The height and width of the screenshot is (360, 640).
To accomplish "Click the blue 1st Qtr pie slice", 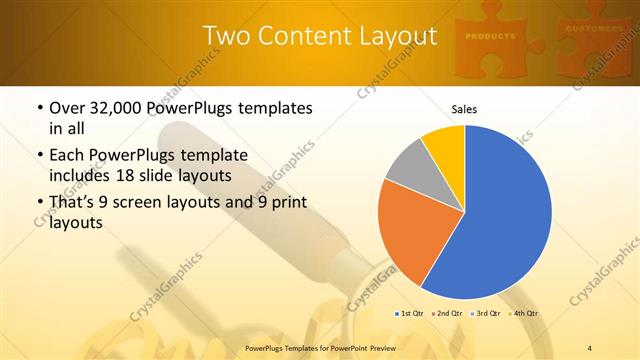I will point(505,215).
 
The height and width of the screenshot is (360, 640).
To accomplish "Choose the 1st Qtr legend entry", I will point(410,313).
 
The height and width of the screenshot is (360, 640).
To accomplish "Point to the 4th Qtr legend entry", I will point(526,313).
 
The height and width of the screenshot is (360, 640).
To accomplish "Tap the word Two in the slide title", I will point(225,37).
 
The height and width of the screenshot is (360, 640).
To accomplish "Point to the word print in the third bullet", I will point(290,204).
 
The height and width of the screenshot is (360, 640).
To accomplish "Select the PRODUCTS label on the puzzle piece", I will point(490,36).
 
